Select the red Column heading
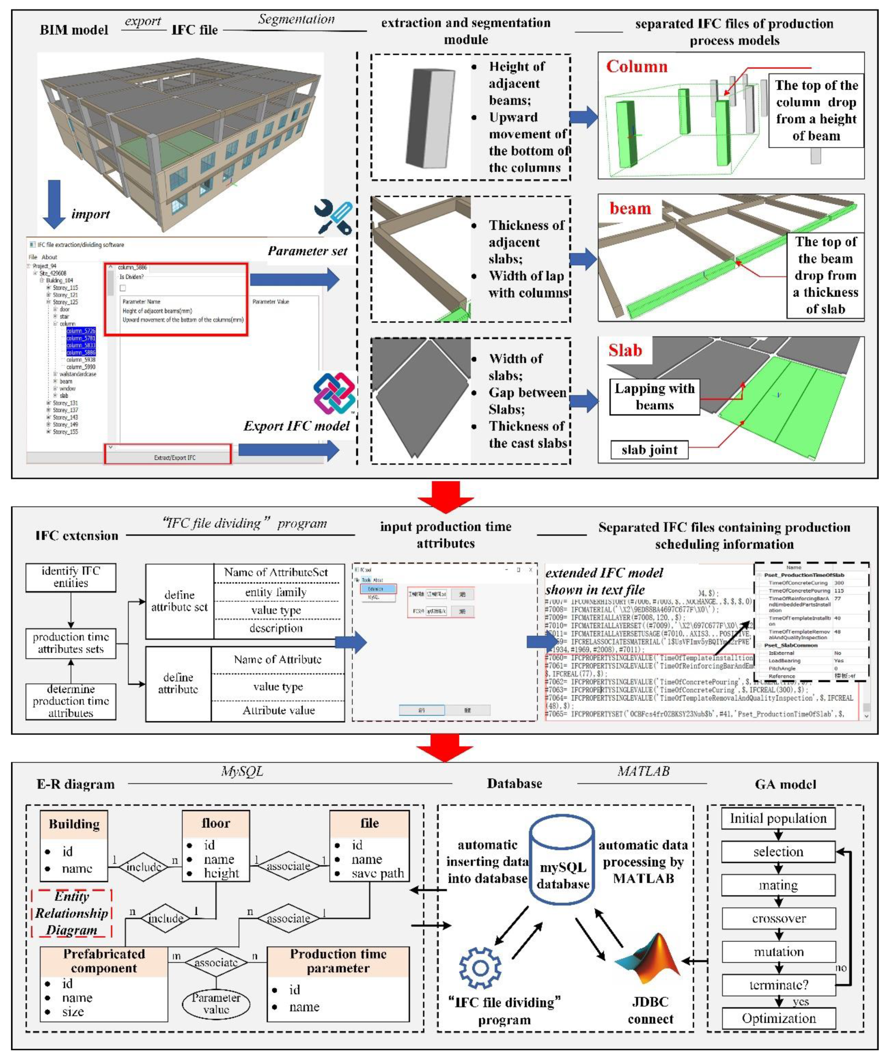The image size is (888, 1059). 636,67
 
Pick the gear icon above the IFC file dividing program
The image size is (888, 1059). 480,968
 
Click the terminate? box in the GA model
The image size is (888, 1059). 778,985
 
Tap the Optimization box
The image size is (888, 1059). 778,1018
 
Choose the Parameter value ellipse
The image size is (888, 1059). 216,1003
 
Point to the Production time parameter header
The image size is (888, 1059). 338,961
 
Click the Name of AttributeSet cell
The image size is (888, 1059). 276,572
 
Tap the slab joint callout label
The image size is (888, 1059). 649,449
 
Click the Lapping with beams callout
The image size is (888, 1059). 654,397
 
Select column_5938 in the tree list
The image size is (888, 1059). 81,360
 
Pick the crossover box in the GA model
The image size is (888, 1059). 778,918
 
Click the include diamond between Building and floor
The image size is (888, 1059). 143,866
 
